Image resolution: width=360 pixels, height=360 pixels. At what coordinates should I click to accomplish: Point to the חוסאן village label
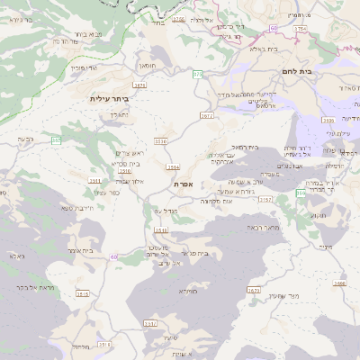pyautogui.click(x=147, y=65)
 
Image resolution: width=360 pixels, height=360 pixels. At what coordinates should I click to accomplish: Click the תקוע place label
pyautogui.click(x=325, y=246)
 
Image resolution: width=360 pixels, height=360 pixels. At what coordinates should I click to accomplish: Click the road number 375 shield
pyautogui.click(x=197, y=73)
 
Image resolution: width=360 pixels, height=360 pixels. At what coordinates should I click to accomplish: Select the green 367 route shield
pyautogui.click(x=57, y=140)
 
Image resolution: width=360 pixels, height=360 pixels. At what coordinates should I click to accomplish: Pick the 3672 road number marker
pyautogui.click(x=206, y=116)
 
